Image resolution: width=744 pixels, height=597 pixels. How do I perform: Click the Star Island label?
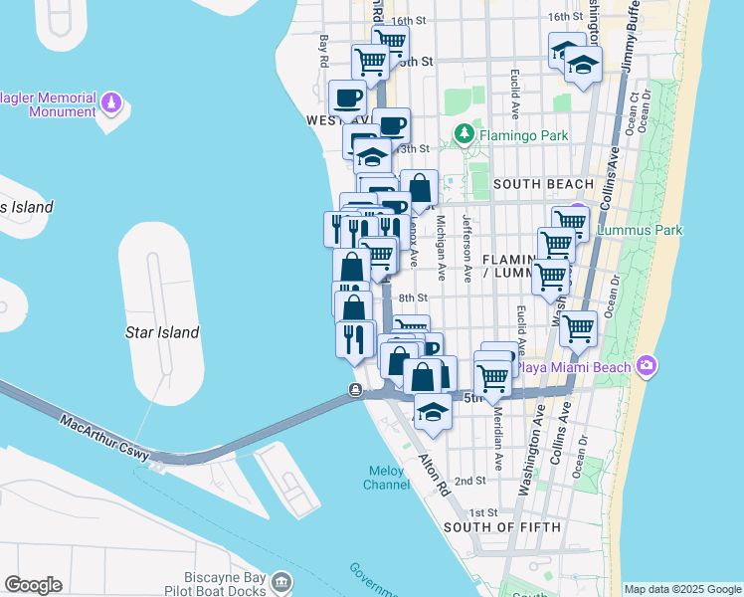click(162, 332)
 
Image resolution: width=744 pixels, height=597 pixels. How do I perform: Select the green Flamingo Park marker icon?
click(464, 133)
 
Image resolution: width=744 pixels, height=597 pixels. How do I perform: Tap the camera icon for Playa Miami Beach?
click(649, 367)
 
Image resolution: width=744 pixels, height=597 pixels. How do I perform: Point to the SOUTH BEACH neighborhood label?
click(543, 184)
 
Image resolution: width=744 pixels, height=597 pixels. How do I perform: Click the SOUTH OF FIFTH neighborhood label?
click(502, 526)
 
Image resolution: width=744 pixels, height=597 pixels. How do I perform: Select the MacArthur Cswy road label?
click(104, 438)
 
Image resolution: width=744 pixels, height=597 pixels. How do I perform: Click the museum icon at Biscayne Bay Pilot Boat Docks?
click(281, 581)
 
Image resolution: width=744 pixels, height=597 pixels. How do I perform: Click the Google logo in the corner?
click(33, 584)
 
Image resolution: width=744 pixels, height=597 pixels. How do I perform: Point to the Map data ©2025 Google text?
click(681, 589)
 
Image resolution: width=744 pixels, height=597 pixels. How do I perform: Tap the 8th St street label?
click(413, 298)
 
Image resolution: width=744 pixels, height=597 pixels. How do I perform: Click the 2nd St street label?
click(468, 481)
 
